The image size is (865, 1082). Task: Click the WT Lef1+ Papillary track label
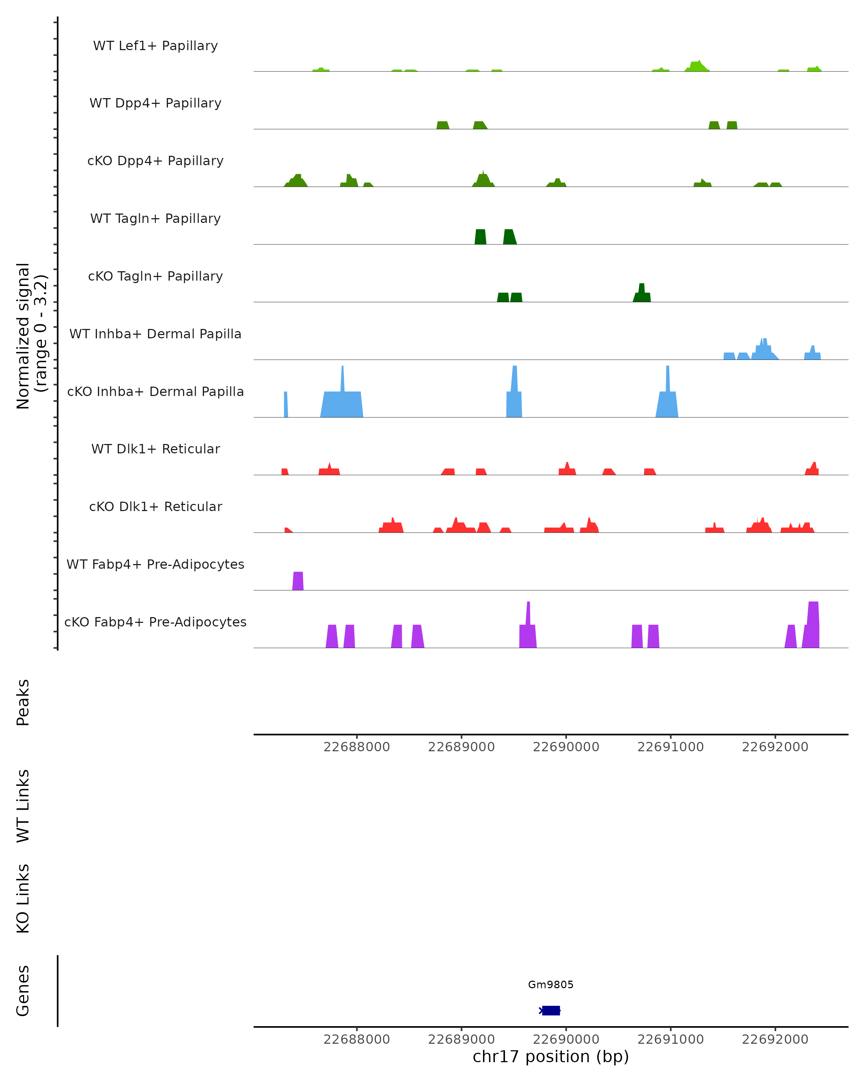coord(155,46)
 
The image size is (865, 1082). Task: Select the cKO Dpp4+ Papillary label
coord(155,161)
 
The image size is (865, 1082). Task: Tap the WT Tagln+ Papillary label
coord(155,219)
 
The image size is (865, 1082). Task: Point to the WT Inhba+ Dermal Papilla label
coord(155,334)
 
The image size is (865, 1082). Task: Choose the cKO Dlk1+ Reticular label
coord(155,507)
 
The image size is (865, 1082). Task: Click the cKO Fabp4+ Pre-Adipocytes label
coord(155,622)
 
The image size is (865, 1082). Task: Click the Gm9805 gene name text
coord(551,985)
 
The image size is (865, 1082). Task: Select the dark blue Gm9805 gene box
coord(551,1011)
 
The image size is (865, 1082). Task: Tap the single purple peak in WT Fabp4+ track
coord(298,581)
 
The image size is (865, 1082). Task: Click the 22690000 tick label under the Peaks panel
coord(565,747)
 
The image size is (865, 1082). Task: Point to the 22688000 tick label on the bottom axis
coord(356,1040)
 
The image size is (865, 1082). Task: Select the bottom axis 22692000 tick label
coord(775,1040)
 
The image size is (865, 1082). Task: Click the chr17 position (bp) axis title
coord(551,1057)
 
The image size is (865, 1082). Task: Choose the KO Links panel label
coord(23,899)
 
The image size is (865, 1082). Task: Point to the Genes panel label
coord(23,991)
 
